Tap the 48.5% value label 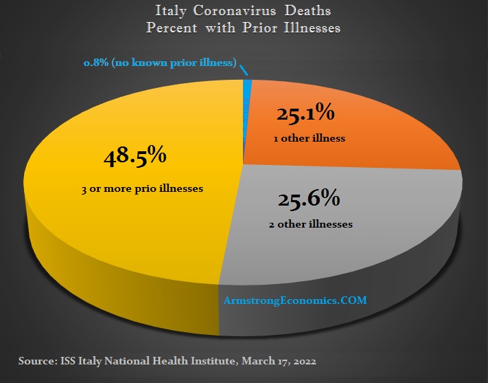pyautogui.click(x=135, y=156)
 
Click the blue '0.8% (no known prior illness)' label pyautogui.click(x=159, y=63)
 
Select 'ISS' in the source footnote pyautogui.click(x=68, y=360)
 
